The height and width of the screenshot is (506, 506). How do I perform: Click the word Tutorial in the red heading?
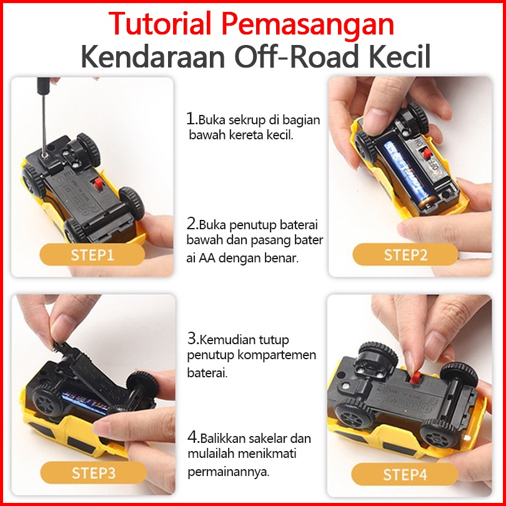160,23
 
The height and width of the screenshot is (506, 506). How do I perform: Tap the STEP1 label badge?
92,255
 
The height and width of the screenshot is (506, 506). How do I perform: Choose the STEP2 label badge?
405,255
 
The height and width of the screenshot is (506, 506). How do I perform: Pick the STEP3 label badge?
93,473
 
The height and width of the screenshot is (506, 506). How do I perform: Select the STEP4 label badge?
405,474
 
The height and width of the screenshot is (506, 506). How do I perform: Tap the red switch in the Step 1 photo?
98,184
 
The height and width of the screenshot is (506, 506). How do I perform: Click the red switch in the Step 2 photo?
427,154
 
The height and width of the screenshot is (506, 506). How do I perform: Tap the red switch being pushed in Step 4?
415,377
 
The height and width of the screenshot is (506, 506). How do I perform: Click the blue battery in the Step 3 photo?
86,402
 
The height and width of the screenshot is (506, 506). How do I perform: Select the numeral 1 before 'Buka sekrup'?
191,119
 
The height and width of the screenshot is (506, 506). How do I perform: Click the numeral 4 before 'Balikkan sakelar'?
192,437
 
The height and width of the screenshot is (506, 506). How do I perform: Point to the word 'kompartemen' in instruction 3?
277,355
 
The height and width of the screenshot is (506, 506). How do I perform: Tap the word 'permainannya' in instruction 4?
228,472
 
